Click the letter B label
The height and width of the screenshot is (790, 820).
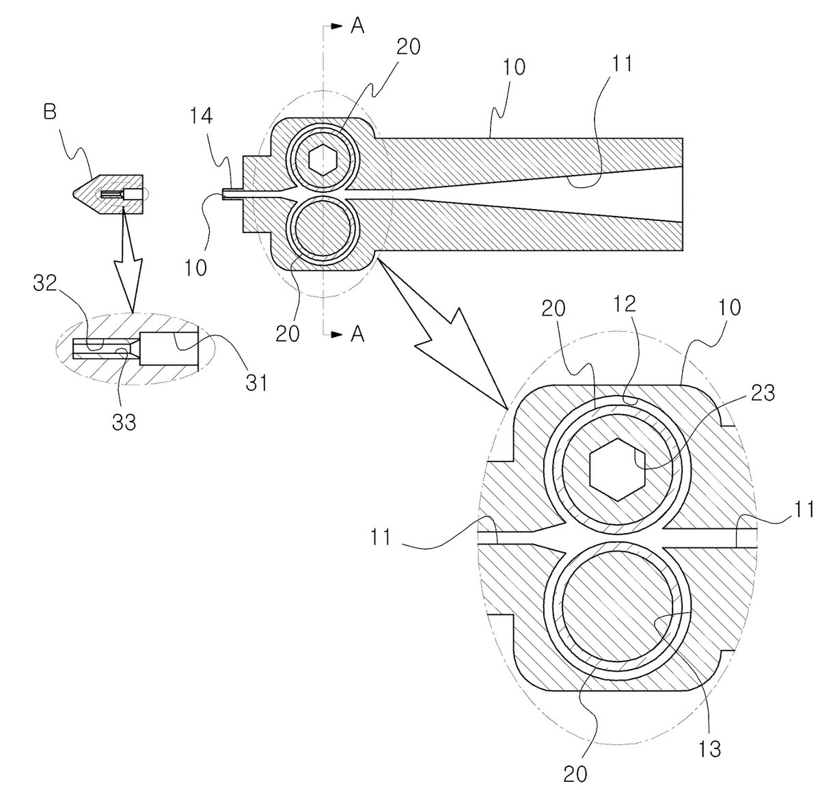50,113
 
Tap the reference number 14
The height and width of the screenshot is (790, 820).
201,116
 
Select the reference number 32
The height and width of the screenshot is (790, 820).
45,284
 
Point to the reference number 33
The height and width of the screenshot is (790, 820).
124,422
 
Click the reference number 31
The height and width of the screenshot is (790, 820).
256,383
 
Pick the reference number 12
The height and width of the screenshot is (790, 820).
624,304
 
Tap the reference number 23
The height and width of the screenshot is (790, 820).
762,393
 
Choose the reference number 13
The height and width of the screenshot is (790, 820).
709,749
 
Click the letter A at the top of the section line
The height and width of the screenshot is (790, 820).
357,26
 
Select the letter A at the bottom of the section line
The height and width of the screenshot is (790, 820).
357,334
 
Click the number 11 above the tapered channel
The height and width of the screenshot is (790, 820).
622,63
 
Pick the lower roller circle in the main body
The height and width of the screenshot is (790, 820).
323,230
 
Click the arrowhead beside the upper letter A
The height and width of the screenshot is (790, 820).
336,26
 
